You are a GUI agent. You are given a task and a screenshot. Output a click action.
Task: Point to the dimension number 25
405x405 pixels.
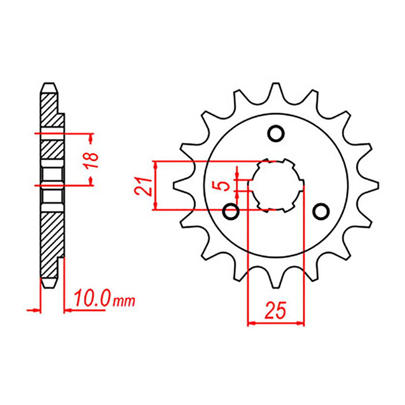click(275, 310)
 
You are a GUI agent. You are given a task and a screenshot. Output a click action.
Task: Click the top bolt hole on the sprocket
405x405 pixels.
click(276, 133)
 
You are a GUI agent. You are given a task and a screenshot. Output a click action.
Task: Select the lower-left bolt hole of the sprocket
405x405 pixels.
click(231, 211)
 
